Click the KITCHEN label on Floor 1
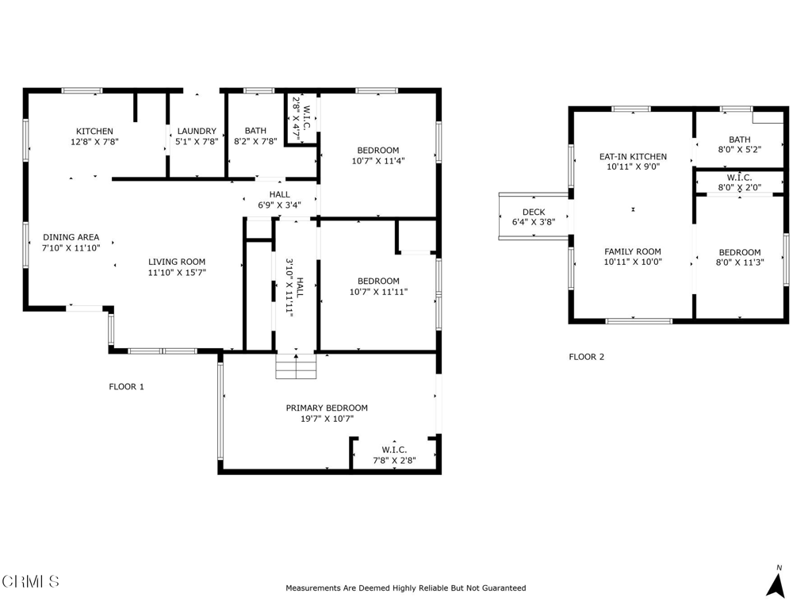point(95,132)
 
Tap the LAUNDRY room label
point(197,132)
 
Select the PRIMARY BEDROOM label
point(327,408)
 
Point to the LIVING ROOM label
point(177,262)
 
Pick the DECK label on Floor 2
point(534,213)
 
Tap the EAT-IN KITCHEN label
point(634,156)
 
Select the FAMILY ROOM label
point(633,251)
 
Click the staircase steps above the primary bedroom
point(296,366)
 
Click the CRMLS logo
point(30,581)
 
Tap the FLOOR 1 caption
point(126,387)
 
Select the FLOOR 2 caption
point(587,357)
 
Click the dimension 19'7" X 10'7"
point(327,419)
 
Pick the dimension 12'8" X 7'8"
point(95,141)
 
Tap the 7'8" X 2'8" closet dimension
point(395,461)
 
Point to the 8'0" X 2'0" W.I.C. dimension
point(740,187)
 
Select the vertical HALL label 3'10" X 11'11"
point(295,287)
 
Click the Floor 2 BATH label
point(740,140)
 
